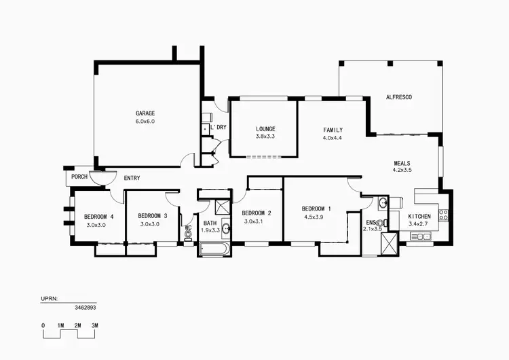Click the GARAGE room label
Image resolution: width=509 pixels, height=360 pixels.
click(145, 113)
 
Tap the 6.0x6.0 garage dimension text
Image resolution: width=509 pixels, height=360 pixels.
click(145, 122)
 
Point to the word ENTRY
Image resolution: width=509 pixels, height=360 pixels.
click(132, 178)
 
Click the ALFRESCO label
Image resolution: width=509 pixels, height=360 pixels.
click(398, 97)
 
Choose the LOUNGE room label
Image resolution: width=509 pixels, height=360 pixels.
click(265, 128)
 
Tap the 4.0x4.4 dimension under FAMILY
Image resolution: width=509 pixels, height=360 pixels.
click(333, 138)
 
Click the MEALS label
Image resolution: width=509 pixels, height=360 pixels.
click(402, 163)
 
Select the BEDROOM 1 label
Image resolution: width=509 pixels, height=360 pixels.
click(316, 209)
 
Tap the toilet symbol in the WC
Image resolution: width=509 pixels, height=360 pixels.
click(188, 233)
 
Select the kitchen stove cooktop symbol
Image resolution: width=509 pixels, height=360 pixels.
click(444, 215)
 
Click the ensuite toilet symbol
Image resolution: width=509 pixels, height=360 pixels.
click(385, 223)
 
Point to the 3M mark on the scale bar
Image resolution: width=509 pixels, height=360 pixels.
click(95, 326)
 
